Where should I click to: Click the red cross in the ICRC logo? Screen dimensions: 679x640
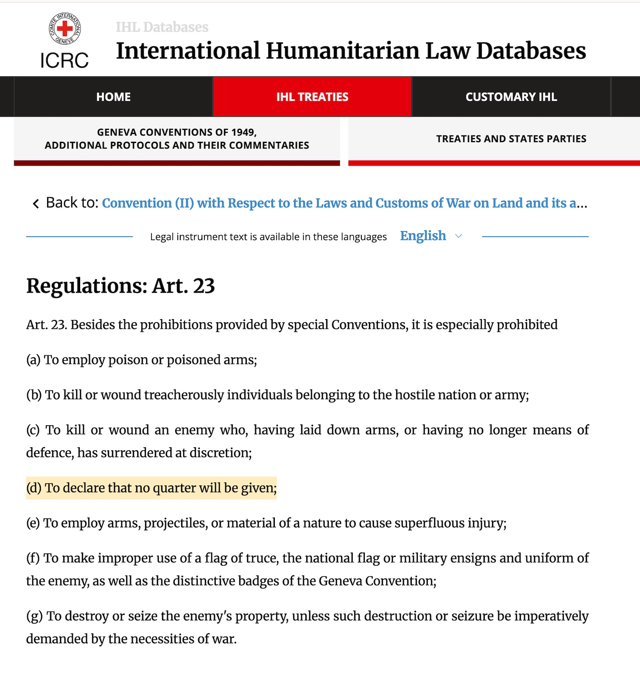click(64, 29)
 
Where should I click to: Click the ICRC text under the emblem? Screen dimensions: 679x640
click(64, 60)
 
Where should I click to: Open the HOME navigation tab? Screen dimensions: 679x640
click(113, 97)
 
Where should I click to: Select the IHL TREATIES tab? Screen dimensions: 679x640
click(312, 97)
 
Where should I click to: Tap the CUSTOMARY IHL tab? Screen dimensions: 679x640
click(511, 97)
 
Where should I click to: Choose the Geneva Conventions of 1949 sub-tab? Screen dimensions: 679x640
click(177, 139)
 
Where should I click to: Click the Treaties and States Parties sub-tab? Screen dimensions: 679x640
click(511, 139)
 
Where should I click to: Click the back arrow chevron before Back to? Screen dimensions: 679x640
click(36, 204)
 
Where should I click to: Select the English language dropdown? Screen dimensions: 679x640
click(423, 236)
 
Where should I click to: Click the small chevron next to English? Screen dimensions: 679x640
click(458, 236)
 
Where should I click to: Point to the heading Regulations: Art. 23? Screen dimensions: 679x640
click(120, 286)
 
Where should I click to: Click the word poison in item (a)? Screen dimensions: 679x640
click(128, 360)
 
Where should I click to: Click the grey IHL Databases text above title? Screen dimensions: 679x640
click(162, 27)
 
